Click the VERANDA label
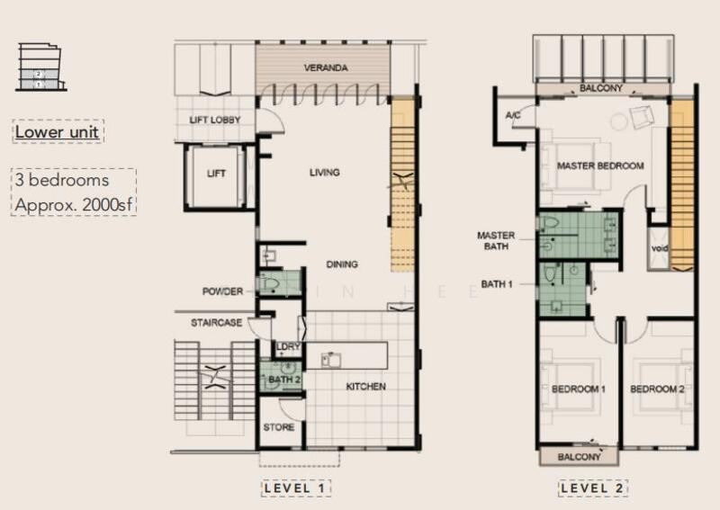(x=325, y=68)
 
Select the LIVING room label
(x=325, y=172)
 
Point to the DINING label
(x=341, y=264)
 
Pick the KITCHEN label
(x=366, y=387)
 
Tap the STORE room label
(x=279, y=427)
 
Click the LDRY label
(x=288, y=348)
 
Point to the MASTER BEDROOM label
(x=599, y=166)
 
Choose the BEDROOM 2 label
(x=657, y=389)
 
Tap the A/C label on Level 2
(x=513, y=116)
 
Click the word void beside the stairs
(x=657, y=247)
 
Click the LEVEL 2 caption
(x=592, y=488)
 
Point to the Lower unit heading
(x=58, y=132)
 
